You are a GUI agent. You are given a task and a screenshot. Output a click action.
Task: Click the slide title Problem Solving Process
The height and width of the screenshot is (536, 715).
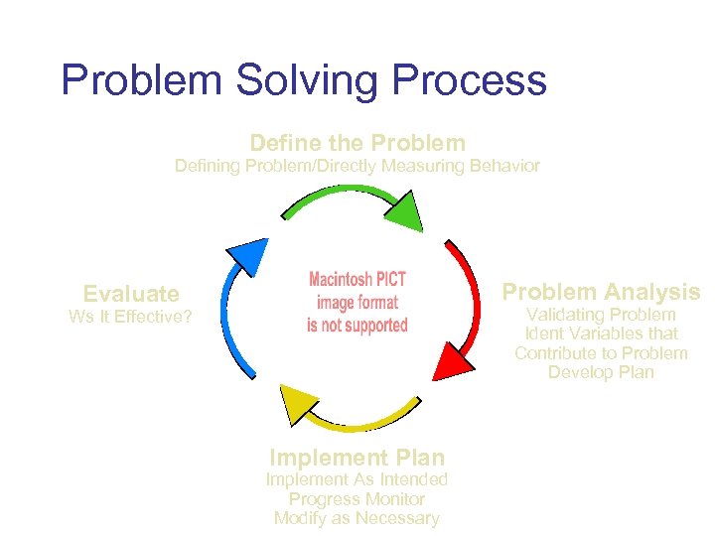coord(303,79)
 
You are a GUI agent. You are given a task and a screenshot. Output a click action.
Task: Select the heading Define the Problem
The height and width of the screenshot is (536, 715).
coord(357,143)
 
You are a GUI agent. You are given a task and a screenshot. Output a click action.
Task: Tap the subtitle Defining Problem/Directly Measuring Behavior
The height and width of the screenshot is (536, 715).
coord(357,166)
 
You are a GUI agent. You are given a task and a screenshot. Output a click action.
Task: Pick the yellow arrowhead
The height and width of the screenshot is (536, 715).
coord(299,405)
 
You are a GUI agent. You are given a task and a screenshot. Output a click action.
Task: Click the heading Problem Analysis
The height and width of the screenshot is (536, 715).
coord(601,292)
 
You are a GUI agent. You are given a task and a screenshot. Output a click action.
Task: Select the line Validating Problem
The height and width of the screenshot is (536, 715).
coord(601,315)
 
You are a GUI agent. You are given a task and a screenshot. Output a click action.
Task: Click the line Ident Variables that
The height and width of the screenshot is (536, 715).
coord(601,334)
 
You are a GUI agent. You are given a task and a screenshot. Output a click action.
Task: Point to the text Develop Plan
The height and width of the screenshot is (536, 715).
coord(601,372)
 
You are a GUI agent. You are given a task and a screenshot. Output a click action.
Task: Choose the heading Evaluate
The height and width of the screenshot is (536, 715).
coord(131,294)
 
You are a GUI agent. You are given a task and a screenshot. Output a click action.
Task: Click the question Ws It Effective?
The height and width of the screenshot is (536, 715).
coord(131,318)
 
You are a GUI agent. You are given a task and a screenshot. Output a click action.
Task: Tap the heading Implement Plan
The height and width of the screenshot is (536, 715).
coord(357,458)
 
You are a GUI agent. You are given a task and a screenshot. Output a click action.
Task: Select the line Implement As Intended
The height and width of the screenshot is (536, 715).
coord(357,479)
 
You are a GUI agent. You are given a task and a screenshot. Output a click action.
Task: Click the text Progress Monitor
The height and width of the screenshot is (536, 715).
coord(357,499)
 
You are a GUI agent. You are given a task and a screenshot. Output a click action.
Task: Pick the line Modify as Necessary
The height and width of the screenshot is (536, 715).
coord(357,518)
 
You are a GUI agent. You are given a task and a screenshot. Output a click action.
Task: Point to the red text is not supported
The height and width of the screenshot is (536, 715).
coord(357,325)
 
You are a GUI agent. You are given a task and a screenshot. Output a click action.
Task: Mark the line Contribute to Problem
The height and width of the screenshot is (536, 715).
coord(601,353)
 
